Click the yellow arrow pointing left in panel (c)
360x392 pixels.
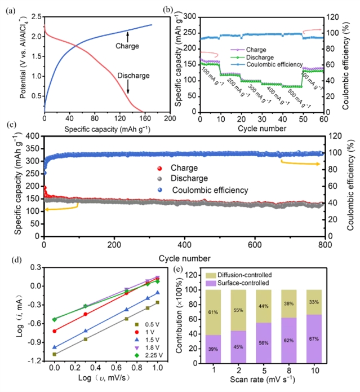tap(61, 209)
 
